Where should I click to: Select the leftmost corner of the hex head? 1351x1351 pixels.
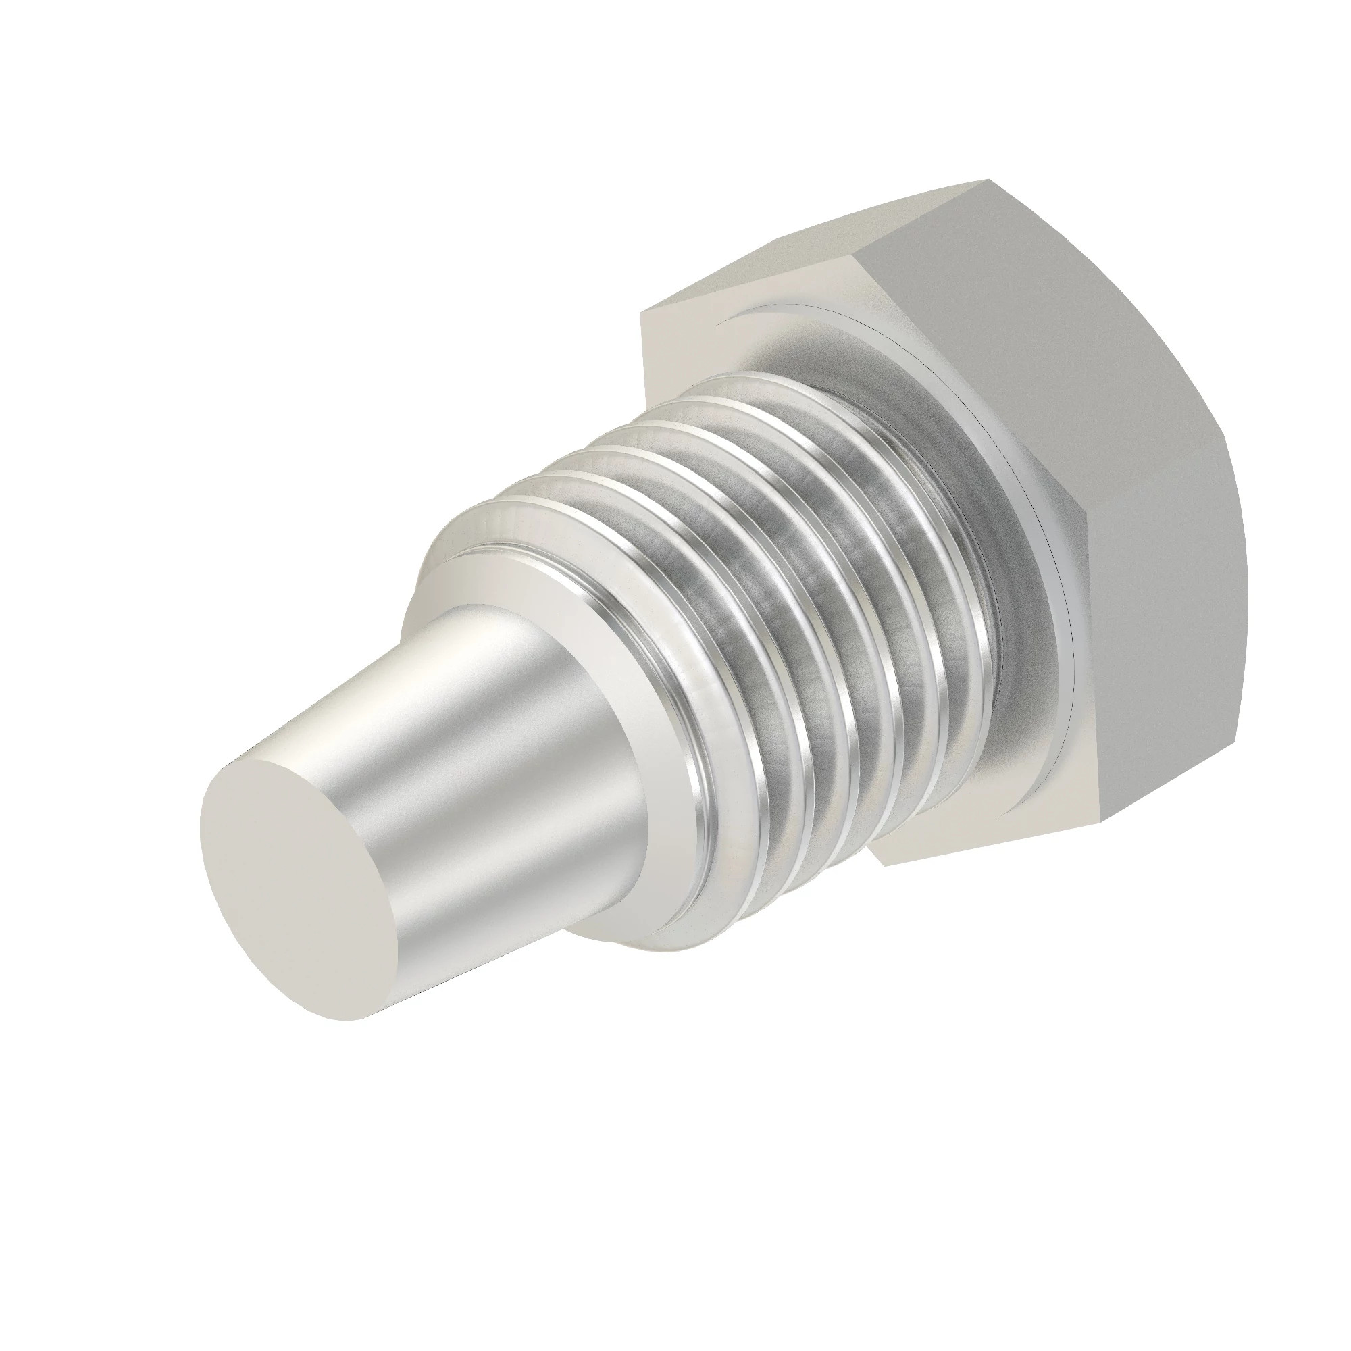pyautogui.click(x=642, y=315)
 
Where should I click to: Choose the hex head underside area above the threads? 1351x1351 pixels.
pyautogui.click(x=699, y=336)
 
